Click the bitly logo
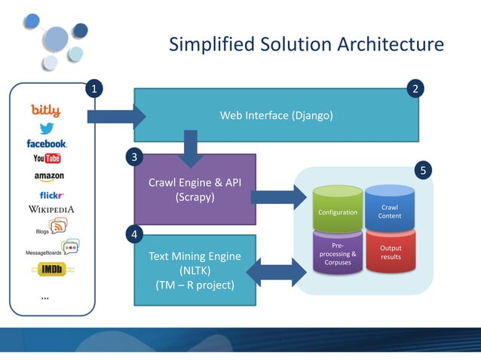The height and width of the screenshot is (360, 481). tap(46, 111)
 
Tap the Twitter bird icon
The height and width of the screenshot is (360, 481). tap(47, 128)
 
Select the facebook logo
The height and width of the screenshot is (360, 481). tap(47, 143)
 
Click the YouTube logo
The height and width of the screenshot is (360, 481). tap(47, 158)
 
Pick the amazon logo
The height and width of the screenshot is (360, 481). tap(49, 176)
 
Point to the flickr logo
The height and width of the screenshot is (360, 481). tap(51, 195)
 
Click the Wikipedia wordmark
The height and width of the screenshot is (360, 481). tap(51, 209)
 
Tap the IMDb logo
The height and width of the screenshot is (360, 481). tap(51, 269)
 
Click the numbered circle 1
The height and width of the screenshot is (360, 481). tap(93, 90)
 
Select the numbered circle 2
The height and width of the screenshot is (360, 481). tap(416, 90)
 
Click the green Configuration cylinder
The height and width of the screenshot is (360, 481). tap(338, 211)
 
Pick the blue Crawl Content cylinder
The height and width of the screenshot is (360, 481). tap(390, 210)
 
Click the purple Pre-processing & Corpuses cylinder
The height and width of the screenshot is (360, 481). tap(338, 254)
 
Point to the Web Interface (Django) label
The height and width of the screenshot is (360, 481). tap(276, 115)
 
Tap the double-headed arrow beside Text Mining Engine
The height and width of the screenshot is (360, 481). tap(274, 272)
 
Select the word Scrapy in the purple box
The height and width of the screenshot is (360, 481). tap(195, 197)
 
